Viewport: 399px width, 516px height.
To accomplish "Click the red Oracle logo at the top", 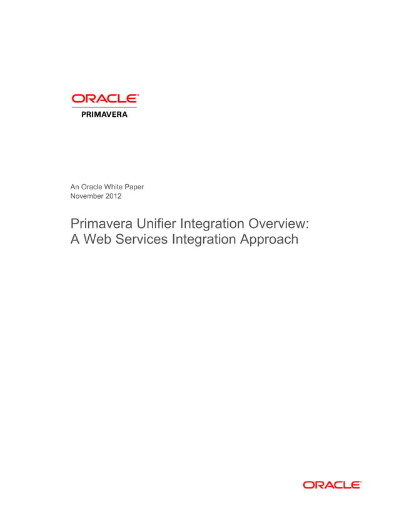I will point(104,99).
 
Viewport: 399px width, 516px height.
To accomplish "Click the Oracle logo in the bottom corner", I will point(331,485).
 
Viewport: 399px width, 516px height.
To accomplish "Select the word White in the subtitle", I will point(118,186).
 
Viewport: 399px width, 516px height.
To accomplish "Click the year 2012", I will point(113,196).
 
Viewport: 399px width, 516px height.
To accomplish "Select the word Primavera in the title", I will point(100,224).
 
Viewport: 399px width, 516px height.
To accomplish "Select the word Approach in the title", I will point(269,241).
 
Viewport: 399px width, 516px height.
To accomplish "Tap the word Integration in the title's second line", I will point(205,241).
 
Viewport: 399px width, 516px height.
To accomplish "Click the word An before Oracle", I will point(75,186).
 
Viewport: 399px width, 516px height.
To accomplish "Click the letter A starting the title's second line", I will point(76,239).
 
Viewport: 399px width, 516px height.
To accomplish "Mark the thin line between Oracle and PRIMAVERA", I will point(104,107).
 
